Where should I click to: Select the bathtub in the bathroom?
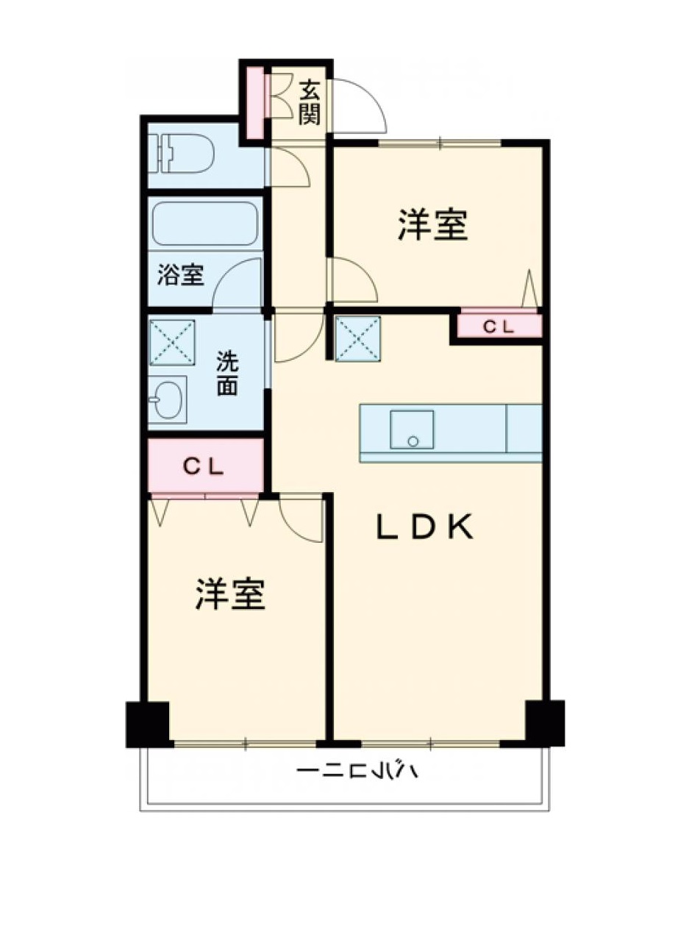pos(204,222)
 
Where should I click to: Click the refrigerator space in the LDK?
pos(358,339)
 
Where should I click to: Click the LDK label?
pos(425,527)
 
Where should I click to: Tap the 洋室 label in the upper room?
pos(433,224)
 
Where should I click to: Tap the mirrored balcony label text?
pos(357,772)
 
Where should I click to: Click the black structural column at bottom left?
pos(149,724)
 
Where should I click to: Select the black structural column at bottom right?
pos(544,722)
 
